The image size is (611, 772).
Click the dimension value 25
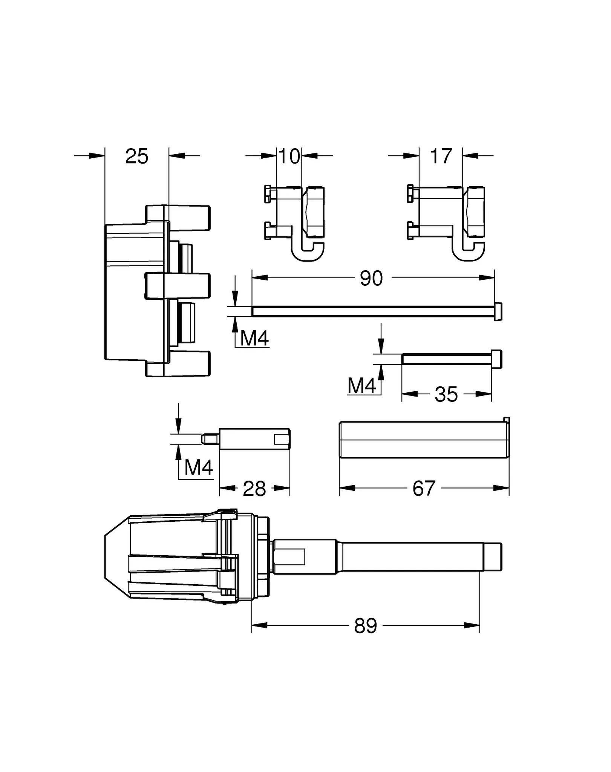(x=136, y=156)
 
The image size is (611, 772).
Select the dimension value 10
(x=289, y=156)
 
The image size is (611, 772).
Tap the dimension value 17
(x=441, y=156)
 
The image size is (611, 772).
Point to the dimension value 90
(x=371, y=278)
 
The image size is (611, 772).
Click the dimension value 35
(x=446, y=394)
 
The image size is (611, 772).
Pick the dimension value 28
(x=254, y=489)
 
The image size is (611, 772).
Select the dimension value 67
(x=424, y=489)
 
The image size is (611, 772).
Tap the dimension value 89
(x=365, y=626)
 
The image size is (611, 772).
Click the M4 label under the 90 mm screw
(x=254, y=338)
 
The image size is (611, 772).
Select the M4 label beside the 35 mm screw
(x=362, y=386)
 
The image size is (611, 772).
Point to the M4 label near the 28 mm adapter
(x=199, y=468)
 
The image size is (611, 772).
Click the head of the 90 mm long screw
(x=498, y=311)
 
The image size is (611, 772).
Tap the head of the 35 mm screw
(x=496, y=359)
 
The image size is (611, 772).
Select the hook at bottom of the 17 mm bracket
(x=469, y=253)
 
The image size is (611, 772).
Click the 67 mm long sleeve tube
(x=424, y=440)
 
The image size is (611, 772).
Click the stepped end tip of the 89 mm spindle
(x=493, y=556)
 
